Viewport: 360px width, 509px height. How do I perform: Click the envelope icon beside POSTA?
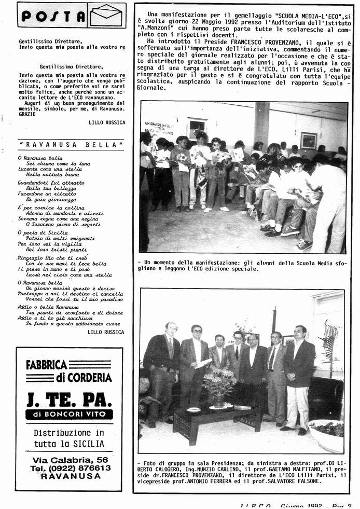click(106, 15)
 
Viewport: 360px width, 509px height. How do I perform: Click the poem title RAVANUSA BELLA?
click(71, 144)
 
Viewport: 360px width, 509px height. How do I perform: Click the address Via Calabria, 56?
click(70, 459)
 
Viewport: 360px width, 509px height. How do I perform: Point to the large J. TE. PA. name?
click(69, 400)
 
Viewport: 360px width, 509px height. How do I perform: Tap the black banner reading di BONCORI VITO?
click(69, 415)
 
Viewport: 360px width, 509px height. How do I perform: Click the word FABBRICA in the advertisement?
click(47, 365)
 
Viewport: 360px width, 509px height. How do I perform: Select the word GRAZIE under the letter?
click(27, 113)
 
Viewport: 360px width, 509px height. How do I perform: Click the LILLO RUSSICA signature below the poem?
click(106, 332)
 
